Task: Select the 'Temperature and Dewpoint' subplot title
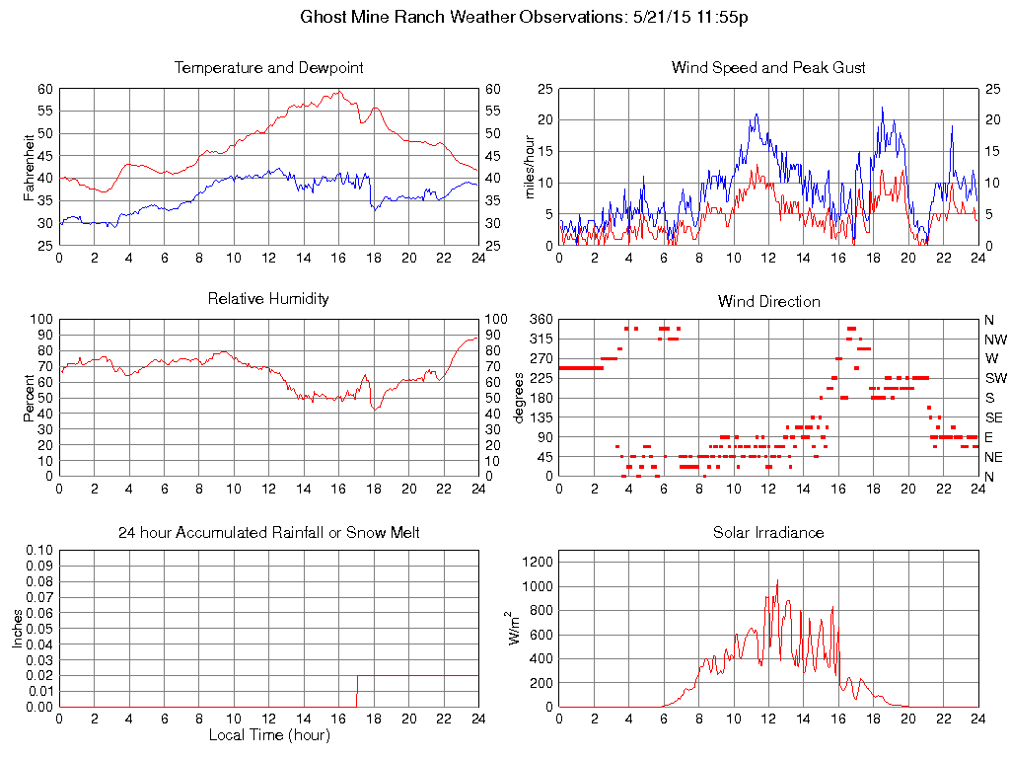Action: click(x=268, y=68)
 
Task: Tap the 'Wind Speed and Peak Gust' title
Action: click(x=768, y=68)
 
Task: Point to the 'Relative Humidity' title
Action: click(x=268, y=298)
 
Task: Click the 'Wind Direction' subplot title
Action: click(x=768, y=301)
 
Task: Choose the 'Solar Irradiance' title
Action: click(x=768, y=533)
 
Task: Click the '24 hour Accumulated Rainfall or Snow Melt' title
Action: click(x=268, y=533)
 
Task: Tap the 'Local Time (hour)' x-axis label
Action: click(x=268, y=734)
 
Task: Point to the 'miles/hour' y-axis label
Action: click(x=530, y=165)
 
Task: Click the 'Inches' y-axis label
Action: click(x=18, y=628)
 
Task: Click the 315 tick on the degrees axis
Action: click(x=541, y=339)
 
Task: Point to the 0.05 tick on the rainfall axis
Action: click(x=39, y=628)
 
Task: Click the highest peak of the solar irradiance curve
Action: click(x=777, y=580)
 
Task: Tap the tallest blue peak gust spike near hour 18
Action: click(x=882, y=108)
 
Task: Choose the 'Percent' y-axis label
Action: click(x=29, y=398)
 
